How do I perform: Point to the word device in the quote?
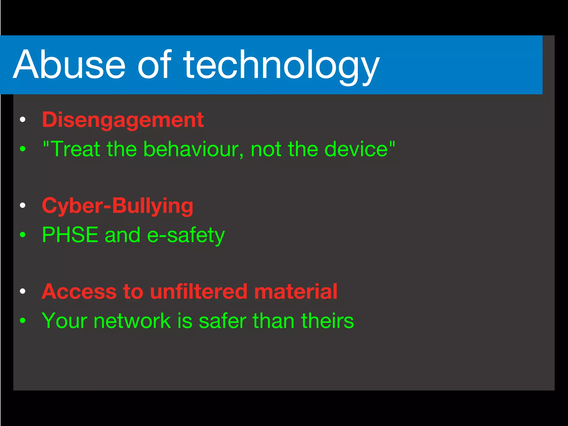coord(356,149)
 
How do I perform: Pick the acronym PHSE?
coord(70,235)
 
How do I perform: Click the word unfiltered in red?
coord(199,291)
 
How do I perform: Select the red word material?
coord(296,291)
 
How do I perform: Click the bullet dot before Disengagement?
coord(23,120)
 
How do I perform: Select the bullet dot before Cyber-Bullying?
coord(23,206)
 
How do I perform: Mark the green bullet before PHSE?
coord(23,235)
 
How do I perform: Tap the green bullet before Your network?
coord(23,321)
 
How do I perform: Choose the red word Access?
coord(79,291)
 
